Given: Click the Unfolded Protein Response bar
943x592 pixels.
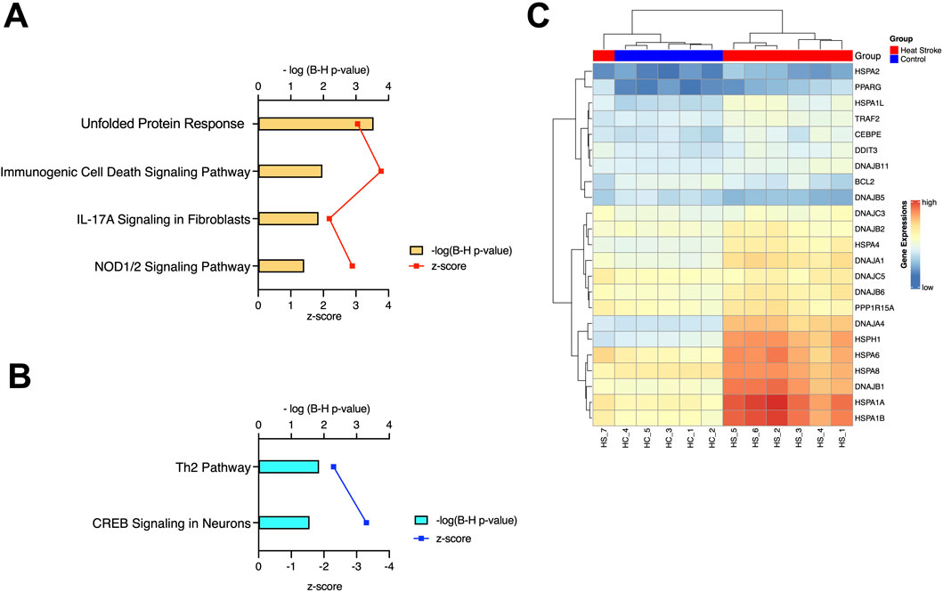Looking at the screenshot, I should click(x=315, y=124).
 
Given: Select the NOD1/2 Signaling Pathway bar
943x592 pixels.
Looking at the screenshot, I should click(x=280, y=265).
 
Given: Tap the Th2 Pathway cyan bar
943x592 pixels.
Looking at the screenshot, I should click(x=288, y=466).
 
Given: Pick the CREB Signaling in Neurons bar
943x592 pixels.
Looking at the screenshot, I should click(x=283, y=523).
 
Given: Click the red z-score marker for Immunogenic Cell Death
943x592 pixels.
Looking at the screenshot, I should click(x=381, y=171).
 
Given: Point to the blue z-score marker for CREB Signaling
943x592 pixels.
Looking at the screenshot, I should click(x=366, y=523).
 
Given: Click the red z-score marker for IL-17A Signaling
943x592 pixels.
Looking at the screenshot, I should click(x=329, y=218).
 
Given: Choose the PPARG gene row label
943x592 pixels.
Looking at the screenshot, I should click(x=869, y=86).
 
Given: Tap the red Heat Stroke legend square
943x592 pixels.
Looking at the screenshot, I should click(x=893, y=50).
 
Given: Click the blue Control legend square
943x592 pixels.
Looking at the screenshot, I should click(x=893, y=59).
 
